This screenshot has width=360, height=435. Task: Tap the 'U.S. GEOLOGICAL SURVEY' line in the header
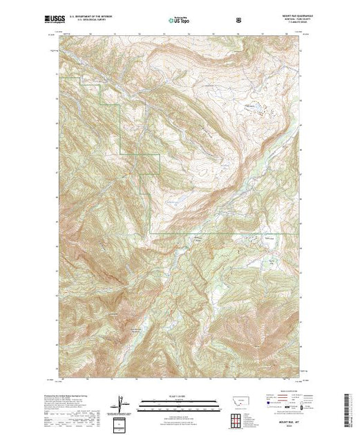click(94, 21)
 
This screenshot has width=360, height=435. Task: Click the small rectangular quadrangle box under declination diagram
click(122, 422)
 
